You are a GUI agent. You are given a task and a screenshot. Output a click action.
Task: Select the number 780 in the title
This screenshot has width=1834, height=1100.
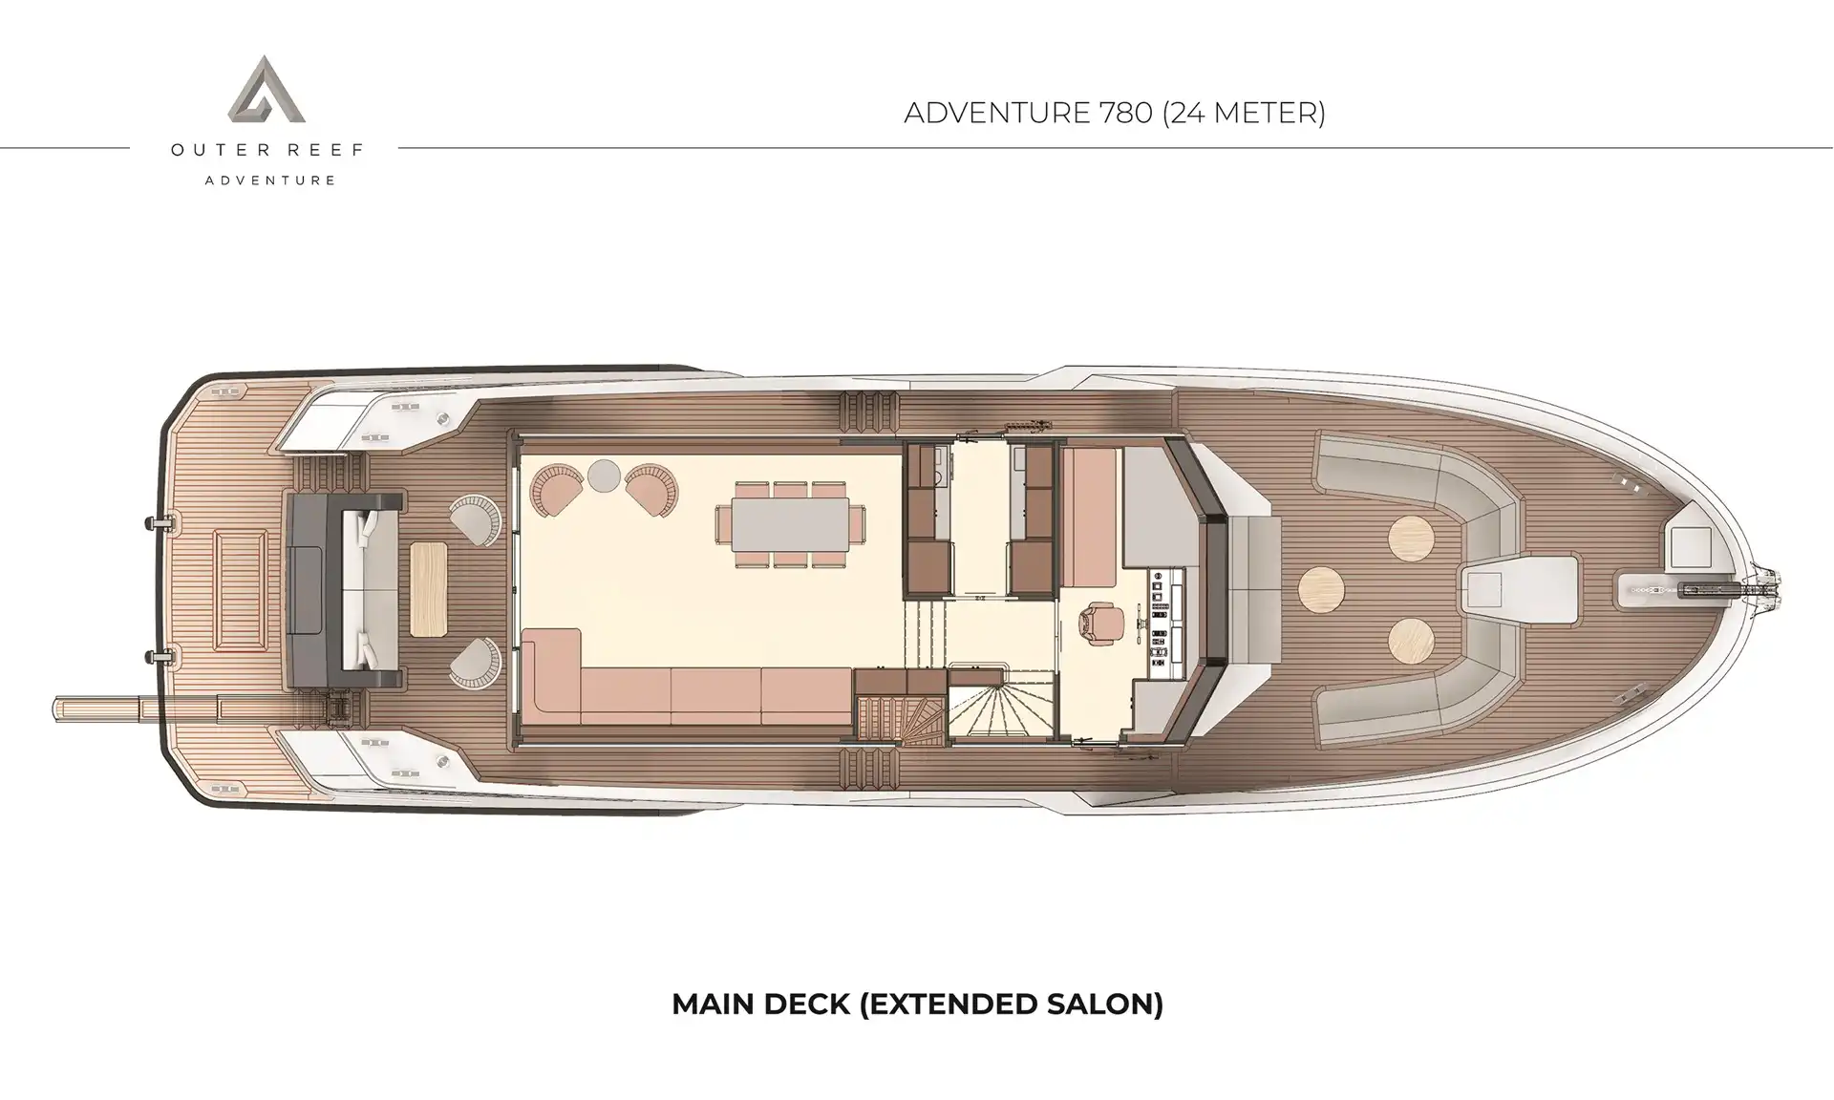1123,113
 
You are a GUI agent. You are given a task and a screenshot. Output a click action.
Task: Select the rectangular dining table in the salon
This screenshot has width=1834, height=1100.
789,524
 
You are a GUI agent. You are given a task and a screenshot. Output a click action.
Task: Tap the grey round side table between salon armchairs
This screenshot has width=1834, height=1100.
604,475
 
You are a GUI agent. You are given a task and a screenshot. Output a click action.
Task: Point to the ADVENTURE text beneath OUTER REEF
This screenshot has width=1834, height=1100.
270,180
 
